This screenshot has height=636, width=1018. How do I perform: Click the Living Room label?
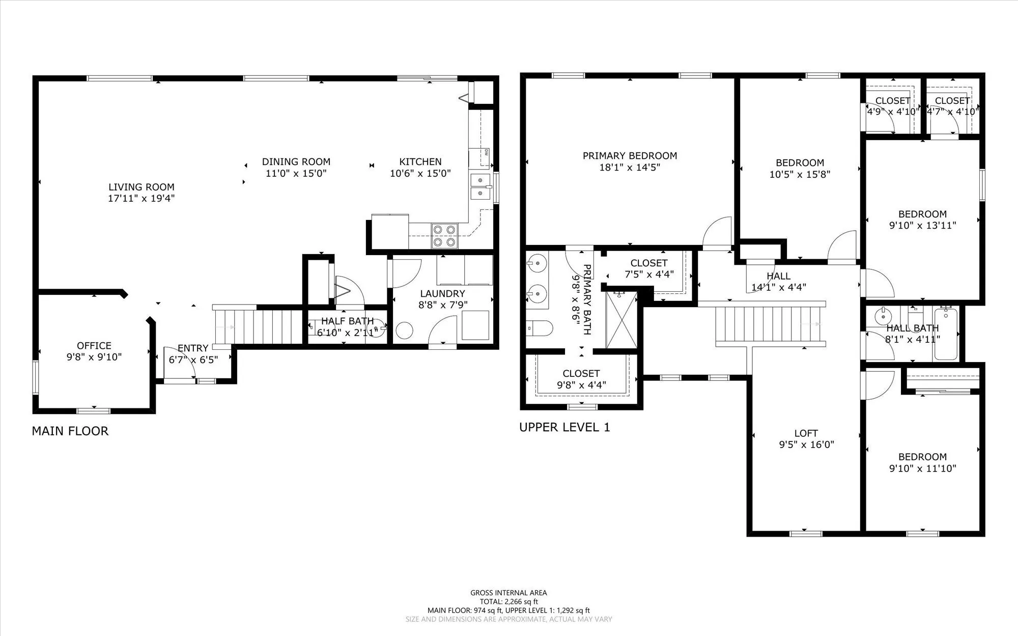[141, 187]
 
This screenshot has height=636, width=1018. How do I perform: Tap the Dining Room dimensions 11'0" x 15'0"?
[296, 173]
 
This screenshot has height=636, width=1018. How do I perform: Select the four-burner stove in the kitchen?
[444, 236]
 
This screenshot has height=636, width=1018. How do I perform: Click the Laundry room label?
[442, 293]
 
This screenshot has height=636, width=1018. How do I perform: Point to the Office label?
[94, 346]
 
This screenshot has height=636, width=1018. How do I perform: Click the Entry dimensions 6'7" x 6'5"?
[193, 360]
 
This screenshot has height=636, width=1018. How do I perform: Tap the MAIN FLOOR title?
[70, 431]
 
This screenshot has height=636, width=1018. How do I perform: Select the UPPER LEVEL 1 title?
[564, 427]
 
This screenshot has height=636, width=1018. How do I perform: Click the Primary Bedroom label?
[630, 156]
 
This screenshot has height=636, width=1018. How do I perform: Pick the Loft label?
[806, 433]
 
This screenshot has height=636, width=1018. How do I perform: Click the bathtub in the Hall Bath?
[946, 334]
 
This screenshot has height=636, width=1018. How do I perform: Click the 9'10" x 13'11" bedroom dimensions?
[923, 226]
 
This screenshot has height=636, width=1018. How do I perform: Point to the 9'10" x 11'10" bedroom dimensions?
[923, 468]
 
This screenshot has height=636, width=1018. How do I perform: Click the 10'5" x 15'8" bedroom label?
[800, 163]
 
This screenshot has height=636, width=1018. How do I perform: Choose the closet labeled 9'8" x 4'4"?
[581, 379]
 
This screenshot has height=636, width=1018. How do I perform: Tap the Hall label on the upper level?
[779, 276]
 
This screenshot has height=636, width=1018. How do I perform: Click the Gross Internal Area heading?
[508, 593]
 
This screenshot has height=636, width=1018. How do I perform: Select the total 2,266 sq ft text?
[508, 601]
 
